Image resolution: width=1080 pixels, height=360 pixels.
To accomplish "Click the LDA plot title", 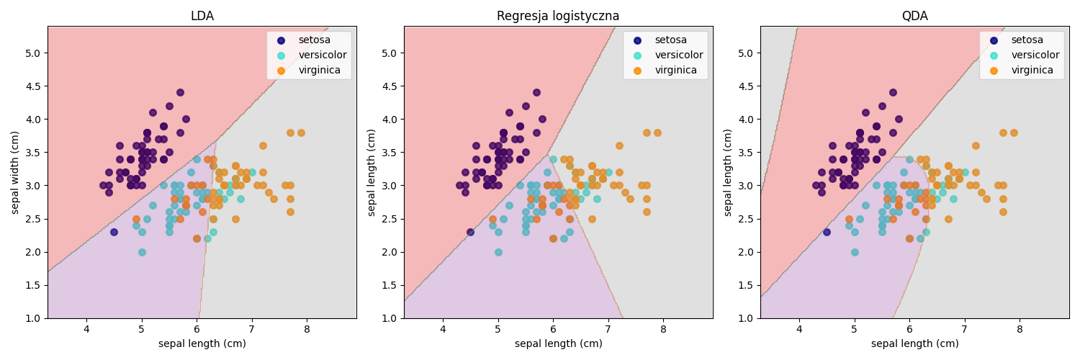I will coord(202,16).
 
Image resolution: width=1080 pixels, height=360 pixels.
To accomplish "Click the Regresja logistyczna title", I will coord(558,16).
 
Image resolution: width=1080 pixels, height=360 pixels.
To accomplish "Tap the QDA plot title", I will coord(914,16).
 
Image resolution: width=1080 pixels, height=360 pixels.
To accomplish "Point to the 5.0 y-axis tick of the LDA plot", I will coord(33,53).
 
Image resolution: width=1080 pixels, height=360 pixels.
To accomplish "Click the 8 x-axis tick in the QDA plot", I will coord(1020,330).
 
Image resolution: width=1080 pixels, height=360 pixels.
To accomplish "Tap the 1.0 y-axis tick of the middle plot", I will coord(390,318).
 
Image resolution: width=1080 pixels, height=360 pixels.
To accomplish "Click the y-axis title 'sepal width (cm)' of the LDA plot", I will coord(15,172).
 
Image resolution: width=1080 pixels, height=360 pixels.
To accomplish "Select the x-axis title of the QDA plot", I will coord(914,344).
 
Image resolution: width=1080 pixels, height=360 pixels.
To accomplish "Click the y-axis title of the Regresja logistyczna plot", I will coord(372,172).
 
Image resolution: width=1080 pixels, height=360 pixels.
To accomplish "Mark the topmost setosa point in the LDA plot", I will coord(180,93).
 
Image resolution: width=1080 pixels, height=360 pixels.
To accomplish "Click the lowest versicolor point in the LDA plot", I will coord(142,252).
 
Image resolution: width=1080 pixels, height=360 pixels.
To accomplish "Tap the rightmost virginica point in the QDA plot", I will coord(1014,133).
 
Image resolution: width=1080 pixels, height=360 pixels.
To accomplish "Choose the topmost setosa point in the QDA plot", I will coord(893,93).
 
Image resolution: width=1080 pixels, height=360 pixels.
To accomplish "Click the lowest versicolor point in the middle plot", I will coord(498,252).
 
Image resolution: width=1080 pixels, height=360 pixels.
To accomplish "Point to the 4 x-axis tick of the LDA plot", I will coord(86,330).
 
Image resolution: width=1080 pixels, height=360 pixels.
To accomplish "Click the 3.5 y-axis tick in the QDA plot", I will coord(746,153).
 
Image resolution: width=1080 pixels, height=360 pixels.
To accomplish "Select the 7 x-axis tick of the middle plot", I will coord(608,330).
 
